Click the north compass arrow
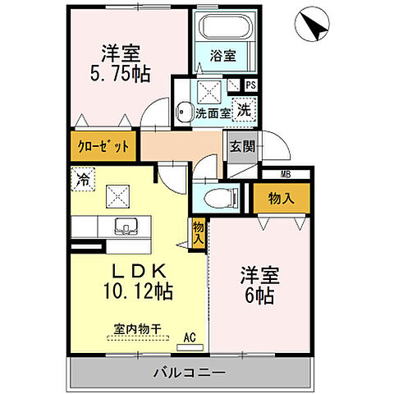(313, 25)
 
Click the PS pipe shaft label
(250, 85)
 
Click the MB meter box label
(285, 173)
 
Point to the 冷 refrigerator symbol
(83, 176)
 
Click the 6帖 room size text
(259, 296)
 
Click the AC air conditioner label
(189, 336)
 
